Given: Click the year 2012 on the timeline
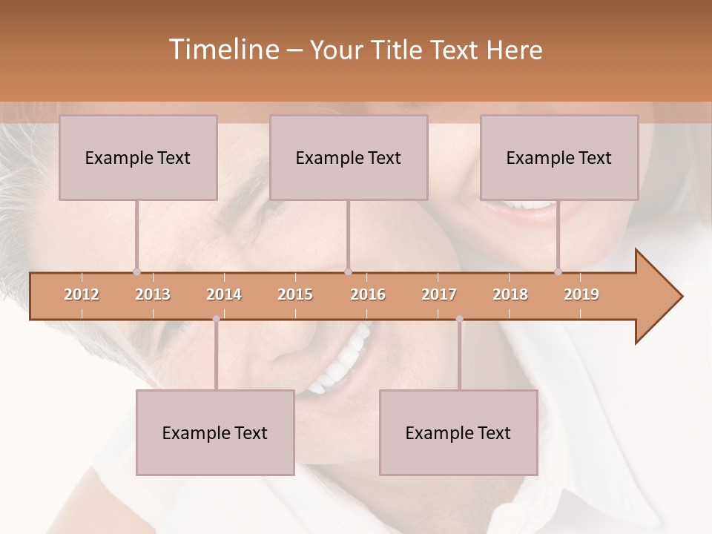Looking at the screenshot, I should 82,294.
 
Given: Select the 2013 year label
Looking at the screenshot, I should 153,294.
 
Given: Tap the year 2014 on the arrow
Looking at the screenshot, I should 224,294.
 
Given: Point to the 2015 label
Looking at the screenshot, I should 295,294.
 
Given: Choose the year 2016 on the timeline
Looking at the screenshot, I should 368,294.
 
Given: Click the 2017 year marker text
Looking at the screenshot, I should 439,294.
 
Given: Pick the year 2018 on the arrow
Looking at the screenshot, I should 510,294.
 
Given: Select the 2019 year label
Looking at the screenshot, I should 581,294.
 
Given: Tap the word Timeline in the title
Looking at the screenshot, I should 222,50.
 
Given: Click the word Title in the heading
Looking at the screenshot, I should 398,50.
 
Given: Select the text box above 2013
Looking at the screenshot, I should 138,157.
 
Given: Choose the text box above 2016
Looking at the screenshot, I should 349,157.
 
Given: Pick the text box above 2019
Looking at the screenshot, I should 559,157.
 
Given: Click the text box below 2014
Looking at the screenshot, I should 215,432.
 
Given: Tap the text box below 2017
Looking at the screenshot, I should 458,432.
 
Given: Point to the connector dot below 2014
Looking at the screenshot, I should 216,319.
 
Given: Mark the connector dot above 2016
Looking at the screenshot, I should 348,271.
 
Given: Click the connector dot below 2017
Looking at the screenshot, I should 459,319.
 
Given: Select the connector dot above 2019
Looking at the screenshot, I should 558,271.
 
